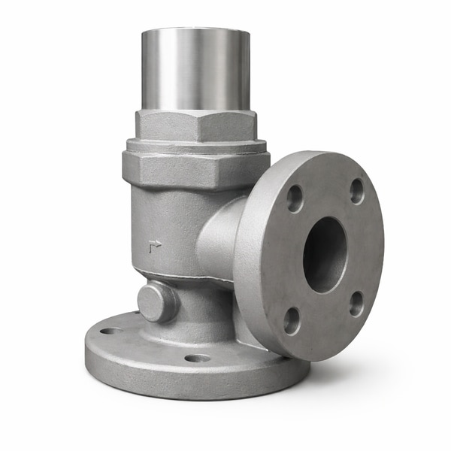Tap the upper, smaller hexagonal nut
point(194,125)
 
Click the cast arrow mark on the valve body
point(155,245)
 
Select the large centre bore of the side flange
point(325,254)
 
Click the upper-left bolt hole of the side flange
point(295,198)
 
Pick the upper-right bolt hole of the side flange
point(357,191)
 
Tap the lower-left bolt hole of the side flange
point(292,320)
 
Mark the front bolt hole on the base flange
point(198,358)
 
